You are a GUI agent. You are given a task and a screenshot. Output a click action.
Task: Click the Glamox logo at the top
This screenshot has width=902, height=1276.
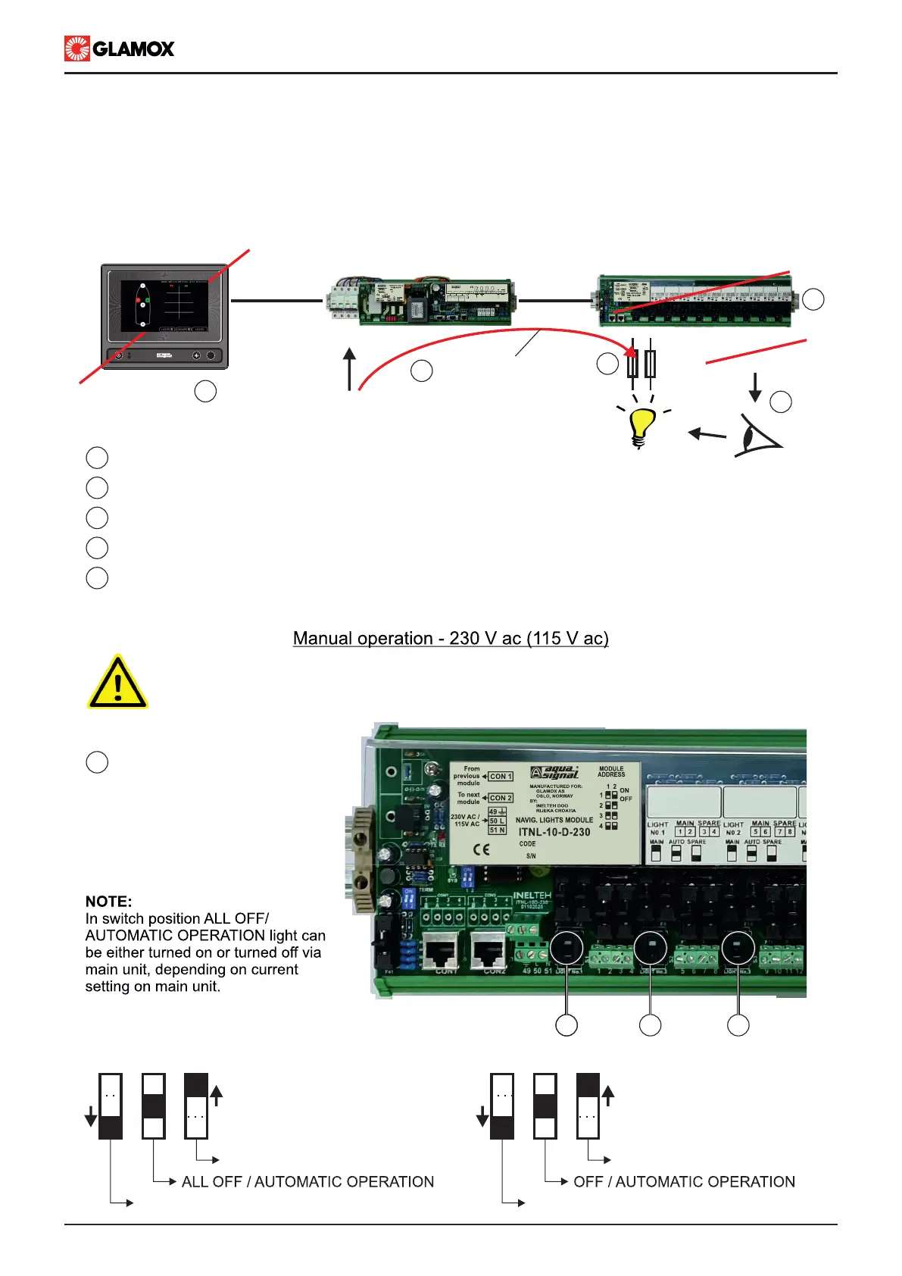click(x=120, y=48)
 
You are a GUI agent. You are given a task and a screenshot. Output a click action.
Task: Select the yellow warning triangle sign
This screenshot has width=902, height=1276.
click(x=117, y=683)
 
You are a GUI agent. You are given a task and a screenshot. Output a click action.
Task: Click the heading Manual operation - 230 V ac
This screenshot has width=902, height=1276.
click(x=451, y=639)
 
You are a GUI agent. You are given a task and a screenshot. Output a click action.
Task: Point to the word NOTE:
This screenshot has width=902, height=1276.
click(x=108, y=902)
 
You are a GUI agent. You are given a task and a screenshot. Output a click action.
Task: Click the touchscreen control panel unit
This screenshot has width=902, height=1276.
click(x=165, y=315)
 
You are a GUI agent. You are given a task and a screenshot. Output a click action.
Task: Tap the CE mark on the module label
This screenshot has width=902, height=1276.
click(x=482, y=849)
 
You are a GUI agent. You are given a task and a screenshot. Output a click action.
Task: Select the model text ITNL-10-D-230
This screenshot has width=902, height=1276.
click(x=554, y=832)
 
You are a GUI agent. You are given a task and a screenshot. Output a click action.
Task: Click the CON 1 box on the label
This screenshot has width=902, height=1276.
click(x=501, y=777)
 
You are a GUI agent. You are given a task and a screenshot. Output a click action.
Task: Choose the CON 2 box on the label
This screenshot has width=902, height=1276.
click(x=501, y=798)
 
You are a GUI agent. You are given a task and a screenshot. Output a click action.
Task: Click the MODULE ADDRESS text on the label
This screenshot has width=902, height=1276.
click(x=611, y=771)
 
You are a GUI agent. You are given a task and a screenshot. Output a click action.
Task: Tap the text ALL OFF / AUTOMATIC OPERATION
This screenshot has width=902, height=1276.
click(x=307, y=1182)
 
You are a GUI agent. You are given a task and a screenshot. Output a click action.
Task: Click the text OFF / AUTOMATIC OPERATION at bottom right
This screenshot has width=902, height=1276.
click(x=684, y=1182)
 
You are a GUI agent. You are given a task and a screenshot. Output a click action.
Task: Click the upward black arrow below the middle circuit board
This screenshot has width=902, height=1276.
click(x=349, y=369)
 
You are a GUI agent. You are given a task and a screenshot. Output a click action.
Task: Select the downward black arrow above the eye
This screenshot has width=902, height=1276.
click(x=754, y=386)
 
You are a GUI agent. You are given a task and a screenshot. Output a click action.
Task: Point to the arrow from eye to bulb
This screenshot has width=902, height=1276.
click(x=706, y=434)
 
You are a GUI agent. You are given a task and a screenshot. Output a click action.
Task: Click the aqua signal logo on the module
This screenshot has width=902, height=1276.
click(x=555, y=773)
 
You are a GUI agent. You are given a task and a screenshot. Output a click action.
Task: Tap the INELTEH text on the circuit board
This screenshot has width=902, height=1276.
click(x=532, y=896)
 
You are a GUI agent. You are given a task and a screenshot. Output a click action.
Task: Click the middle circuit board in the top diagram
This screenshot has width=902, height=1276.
click(x=421, y=302)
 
